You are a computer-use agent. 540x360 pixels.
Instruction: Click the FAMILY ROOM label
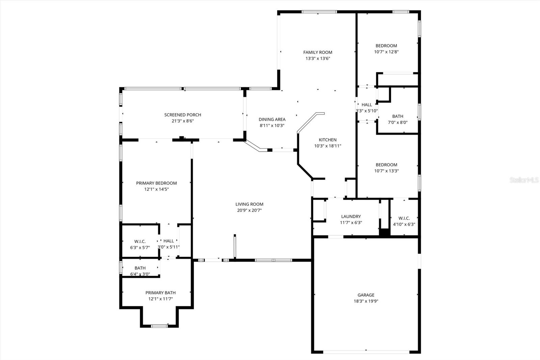tap(318, 52)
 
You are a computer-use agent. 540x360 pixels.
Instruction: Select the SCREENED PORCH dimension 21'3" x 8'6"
tap(183, 121)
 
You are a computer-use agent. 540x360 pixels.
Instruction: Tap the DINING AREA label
tap(272, 119)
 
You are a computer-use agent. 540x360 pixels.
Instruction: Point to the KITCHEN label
tap(327, 140)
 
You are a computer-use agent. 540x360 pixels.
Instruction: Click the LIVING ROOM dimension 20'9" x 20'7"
tap(249, 210)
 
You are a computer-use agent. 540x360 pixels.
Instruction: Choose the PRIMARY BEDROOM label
tap(156, 183)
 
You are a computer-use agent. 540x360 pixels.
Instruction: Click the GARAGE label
tap(366, 295)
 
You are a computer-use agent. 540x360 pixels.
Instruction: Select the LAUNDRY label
tap(351, 216)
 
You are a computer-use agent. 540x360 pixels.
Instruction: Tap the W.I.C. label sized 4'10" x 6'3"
tap(404, 218)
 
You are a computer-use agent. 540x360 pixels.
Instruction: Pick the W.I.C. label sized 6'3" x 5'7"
tap(140, 241)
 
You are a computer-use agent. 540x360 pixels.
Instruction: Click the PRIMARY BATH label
tap(160, 293)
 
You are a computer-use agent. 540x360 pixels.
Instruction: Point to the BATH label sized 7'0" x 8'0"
tap(398, 116)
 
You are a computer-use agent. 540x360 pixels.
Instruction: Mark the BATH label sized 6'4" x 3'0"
tap(140, 268)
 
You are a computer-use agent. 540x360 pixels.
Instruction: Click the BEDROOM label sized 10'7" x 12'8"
tap(386, 46)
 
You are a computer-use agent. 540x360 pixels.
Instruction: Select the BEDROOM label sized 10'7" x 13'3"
tap(386, 165)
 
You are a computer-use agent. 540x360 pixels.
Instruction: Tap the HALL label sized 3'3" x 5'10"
tap(367, 105)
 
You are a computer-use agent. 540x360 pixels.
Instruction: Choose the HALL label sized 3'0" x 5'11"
tap(168, 241)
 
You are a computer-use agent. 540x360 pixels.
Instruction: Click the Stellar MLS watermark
tap(524, 180)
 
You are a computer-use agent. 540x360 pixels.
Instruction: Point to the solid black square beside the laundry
tap(384, 232)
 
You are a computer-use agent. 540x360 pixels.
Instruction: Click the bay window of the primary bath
tap(159, 326)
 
